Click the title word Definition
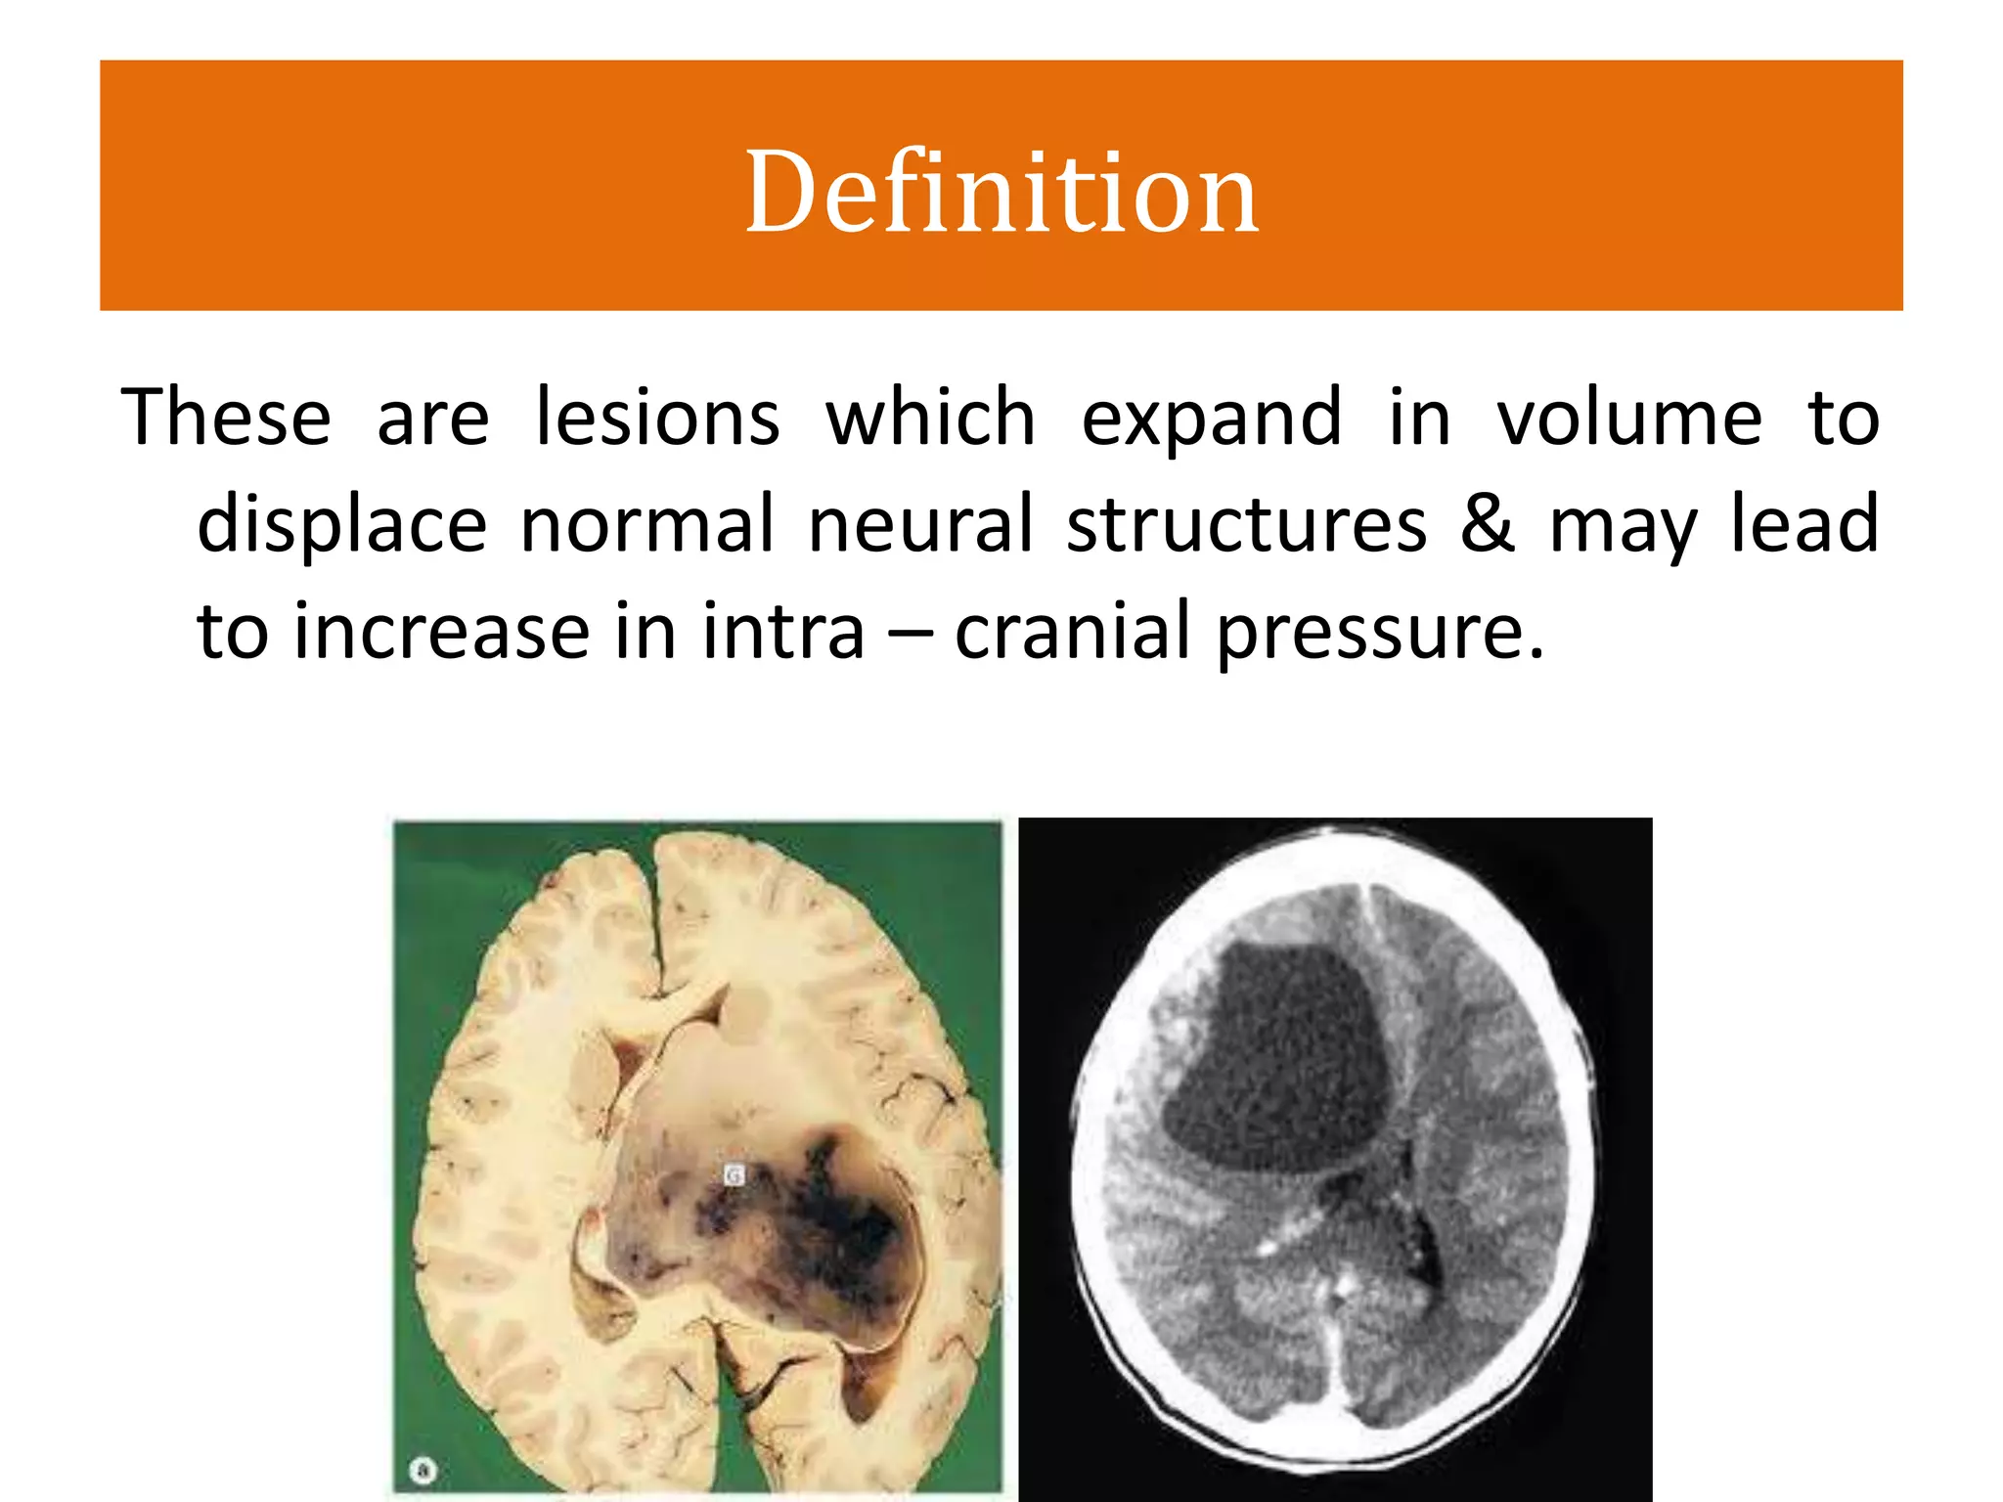(x=1001, y=192)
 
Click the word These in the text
(x=226, y=418)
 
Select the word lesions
(x=658, y=418)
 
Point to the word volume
(x=1629, y=418)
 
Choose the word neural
(x=920, y=524)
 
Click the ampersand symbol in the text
(x=1488, y=524)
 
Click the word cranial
(x=1072, y=632)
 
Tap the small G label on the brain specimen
(x=734, y=1174)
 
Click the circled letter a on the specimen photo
(x=423, y=1470)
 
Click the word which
(x=930, y=418)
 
